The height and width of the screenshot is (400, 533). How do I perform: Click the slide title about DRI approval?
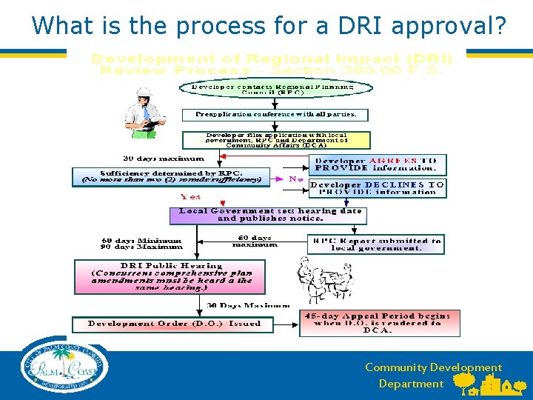(269, 25)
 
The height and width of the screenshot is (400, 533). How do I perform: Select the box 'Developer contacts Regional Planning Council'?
(272, 90)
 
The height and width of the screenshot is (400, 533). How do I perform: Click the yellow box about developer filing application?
(277, 140)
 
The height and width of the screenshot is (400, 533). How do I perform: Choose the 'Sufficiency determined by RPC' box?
(171, 176)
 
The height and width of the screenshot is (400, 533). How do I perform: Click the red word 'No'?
(295, 179)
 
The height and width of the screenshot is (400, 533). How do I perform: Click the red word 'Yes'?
(190, 197)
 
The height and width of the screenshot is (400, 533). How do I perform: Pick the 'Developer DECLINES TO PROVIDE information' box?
(378, 187)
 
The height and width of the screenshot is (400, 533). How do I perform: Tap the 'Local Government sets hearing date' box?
(268, 215)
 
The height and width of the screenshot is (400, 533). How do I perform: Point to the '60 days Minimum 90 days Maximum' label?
(141, 244)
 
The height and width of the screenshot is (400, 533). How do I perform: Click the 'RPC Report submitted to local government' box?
(376, 244)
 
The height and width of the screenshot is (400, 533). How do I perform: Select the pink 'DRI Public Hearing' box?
(170, 276)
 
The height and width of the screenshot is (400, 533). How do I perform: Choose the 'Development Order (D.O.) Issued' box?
(173, 324)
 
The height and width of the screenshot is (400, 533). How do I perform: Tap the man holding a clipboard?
(145, 113)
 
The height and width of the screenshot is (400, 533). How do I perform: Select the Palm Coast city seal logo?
(64, 367)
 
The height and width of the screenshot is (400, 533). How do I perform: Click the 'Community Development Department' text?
(433, 376)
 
